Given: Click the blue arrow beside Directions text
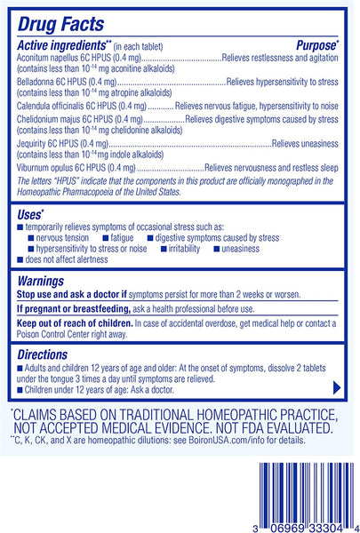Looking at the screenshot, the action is click(336, 387).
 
